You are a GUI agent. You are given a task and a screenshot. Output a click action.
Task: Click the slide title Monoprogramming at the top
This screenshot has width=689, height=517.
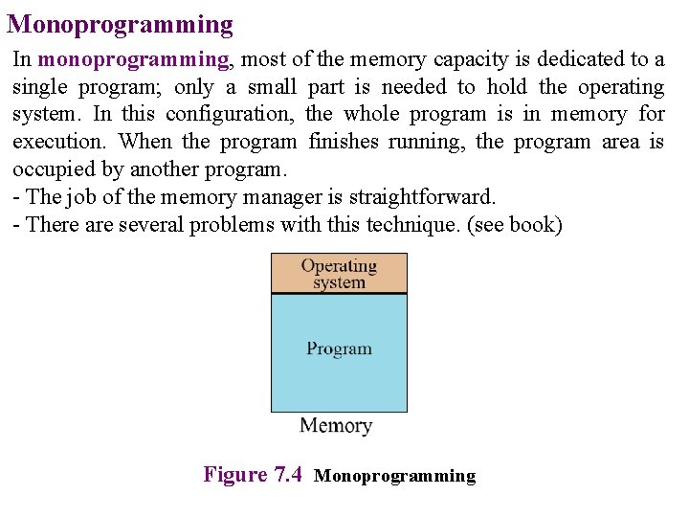pos(121,24)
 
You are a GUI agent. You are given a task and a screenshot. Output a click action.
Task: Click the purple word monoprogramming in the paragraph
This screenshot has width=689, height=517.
pos(133,59)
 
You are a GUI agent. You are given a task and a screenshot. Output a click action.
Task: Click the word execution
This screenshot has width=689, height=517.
pos(60,143)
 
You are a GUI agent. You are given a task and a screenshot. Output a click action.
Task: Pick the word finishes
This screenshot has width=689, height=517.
pos(344,143)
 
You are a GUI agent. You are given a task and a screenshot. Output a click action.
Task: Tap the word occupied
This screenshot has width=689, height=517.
pos(53,170)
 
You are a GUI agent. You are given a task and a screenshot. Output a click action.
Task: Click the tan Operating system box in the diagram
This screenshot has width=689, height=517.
pos(339,273)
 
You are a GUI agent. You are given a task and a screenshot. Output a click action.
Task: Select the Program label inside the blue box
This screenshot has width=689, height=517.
pos(339,348)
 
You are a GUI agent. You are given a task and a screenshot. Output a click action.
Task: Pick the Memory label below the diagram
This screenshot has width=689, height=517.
pos(336,426)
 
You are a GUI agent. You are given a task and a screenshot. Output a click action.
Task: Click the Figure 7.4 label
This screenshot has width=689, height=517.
pos(253,475)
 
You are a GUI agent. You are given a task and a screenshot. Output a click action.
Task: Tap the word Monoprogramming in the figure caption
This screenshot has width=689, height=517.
pos(394,476)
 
